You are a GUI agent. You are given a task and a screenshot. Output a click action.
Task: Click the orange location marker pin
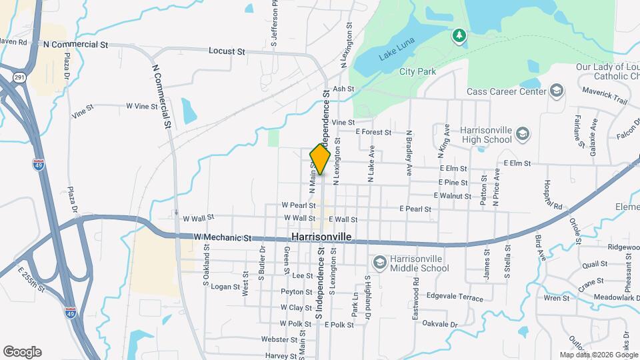320,159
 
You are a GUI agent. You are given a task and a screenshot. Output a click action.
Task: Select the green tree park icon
459,35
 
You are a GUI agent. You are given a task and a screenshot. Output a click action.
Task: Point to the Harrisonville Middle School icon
380,261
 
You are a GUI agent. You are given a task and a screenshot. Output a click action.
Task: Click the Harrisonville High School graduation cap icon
523,135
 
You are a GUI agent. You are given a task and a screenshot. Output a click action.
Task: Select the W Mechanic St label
222,237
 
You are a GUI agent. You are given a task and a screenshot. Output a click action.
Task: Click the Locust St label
227,51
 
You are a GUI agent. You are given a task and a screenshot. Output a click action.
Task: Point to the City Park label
417,71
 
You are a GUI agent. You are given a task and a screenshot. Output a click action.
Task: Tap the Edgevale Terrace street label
455,297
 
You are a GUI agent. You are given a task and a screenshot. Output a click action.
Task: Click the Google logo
22,352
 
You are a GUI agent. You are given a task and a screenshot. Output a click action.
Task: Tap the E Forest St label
373,132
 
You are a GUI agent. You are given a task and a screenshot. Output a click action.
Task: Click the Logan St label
225,287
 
